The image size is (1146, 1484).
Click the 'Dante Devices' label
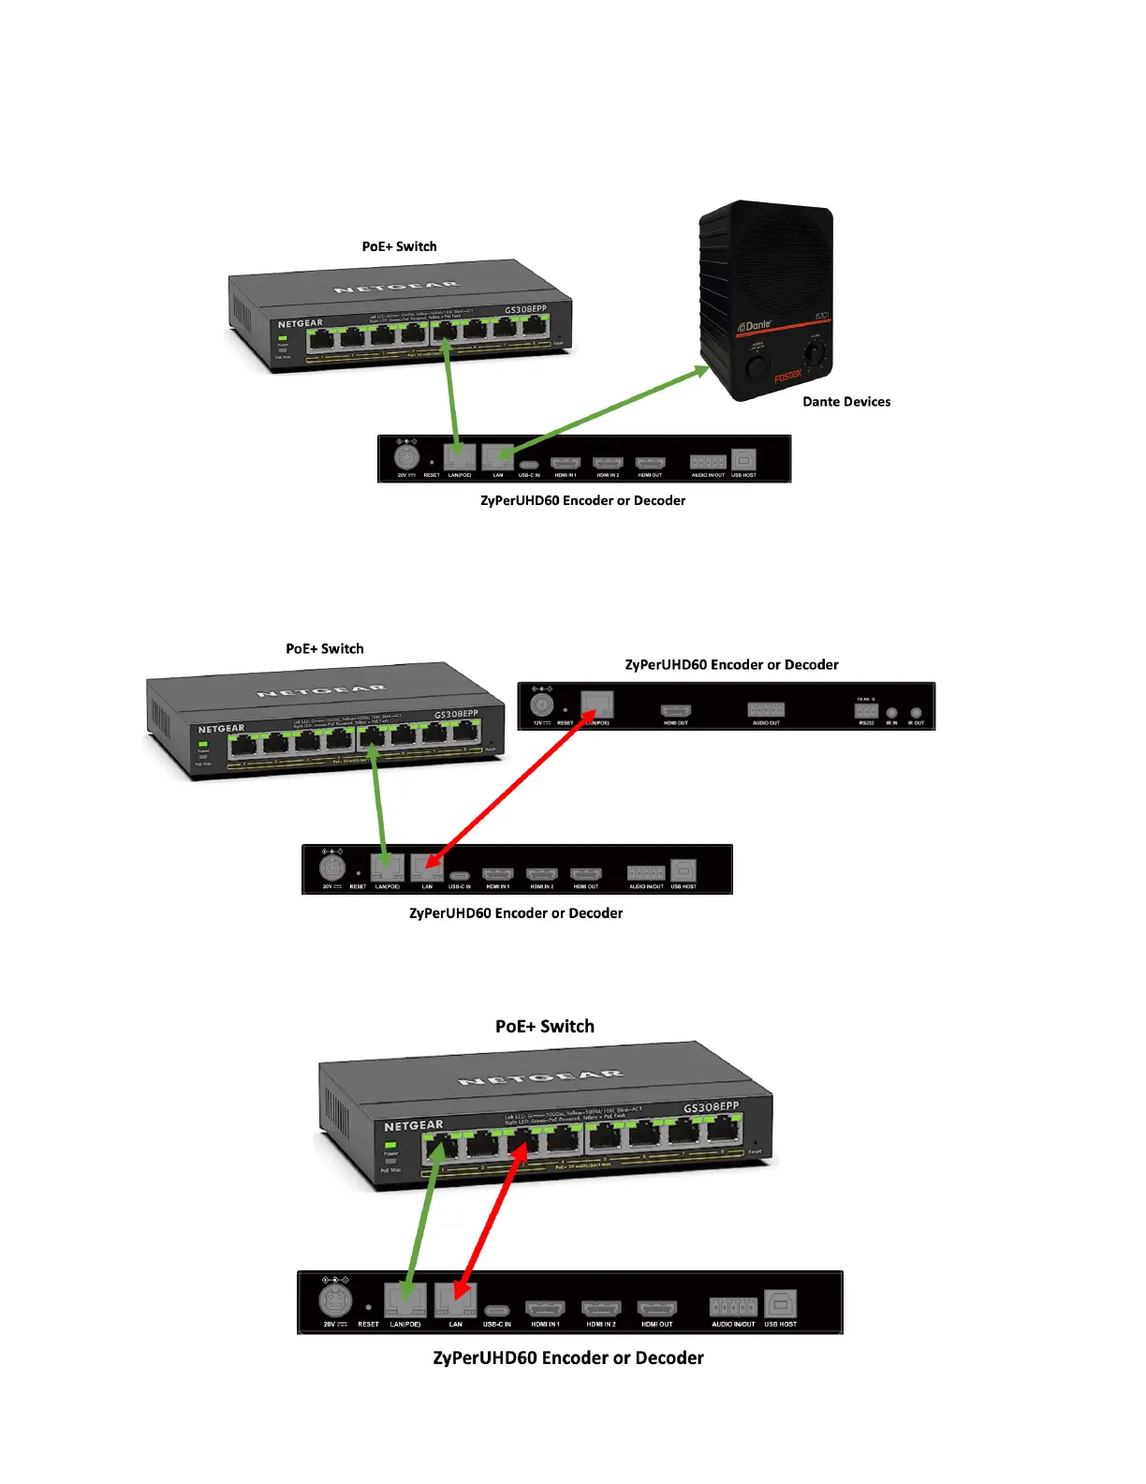pos(846,402)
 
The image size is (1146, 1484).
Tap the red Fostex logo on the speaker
pos(787,377)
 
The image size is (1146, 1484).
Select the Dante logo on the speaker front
pos(755,326)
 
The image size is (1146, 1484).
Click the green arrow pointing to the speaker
pos(609,411)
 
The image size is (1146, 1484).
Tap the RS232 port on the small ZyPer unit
pos(865,711)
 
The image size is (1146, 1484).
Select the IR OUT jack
pos(916,713)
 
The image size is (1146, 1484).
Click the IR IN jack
pos(891,713)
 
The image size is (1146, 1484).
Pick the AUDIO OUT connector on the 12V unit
pos(766,709)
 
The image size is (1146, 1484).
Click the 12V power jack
pos(541,705)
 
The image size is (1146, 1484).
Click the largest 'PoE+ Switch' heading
pos(545,1027)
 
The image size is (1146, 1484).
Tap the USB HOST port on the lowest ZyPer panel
pos(780,1303)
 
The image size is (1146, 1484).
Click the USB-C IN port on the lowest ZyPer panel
pos(497,1310)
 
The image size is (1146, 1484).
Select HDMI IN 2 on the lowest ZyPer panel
pos(601,1308)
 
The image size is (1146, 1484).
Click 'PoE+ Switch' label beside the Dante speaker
pos(399,246)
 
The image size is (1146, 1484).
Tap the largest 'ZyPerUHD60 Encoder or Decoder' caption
pos(568,1358)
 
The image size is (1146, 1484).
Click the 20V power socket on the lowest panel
pos(334,1301)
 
